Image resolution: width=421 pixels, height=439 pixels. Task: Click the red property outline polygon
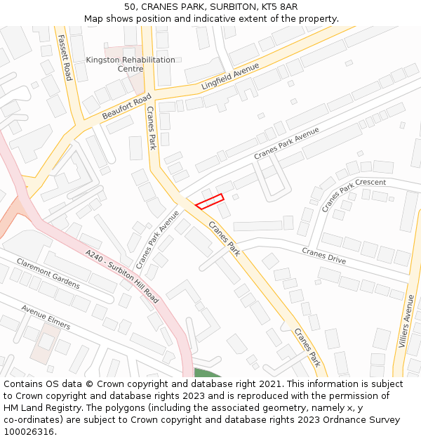[x=209, y=202]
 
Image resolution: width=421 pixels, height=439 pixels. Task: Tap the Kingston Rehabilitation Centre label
[x=131, y=64]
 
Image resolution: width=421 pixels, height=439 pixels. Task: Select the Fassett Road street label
[x=65, y=57]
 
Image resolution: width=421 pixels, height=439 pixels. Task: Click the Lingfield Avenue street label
[x=230, y=76]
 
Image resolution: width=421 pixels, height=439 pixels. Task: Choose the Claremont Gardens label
[x=48, y=273]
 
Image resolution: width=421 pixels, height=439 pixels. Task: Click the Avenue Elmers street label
[x=46, y=317]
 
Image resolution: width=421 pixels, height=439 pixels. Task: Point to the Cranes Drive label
[x=323, y=255]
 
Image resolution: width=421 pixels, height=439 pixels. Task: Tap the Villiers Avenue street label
[x=407, y=321]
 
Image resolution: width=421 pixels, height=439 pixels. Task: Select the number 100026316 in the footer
[x=29, y=431]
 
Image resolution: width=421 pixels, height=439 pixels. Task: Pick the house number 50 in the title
[x=131, y=7]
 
